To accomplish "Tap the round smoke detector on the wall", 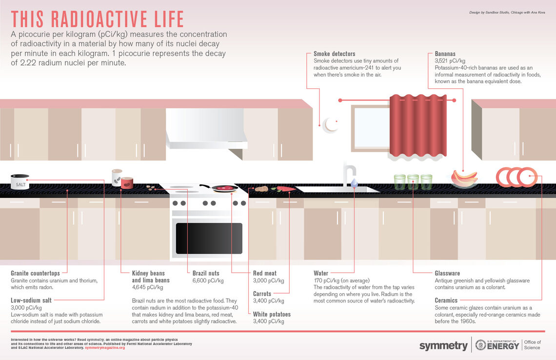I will click(331, 124).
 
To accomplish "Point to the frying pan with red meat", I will click(224, 188).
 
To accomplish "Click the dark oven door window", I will click(209, 238).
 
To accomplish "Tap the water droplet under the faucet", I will click(354, 182).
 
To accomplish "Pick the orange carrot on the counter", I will click(285, 189).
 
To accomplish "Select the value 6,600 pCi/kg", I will click(208, 280).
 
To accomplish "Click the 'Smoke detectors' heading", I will click(334, 54).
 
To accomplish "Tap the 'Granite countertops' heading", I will click(35, 273).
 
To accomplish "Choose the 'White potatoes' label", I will click(272, 314).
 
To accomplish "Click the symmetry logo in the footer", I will click(443, 346).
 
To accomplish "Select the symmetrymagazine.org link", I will click(105, 347).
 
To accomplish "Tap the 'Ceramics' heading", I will click(446, 300).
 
